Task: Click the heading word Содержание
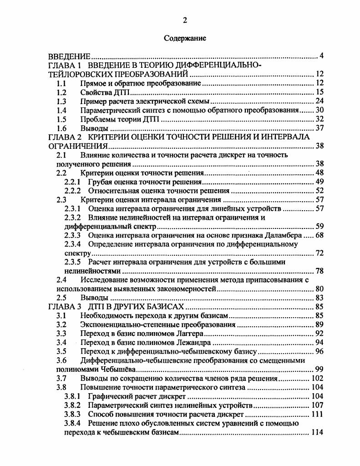pyautogui.click(x=185, y=38)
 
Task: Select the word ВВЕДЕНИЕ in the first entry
pyautogui.click(x=70, y=56)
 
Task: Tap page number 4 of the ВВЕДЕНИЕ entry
pyautogui.click(x=321, y=56)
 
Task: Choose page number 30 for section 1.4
pyautogui.click(x=319, y=110)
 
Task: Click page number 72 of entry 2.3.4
pyautogui.click(x=319, y=253)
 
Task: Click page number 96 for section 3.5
pyautogui.click(x=319, y=351)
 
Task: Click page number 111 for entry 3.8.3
pyautogui.click(x=317, y=414)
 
